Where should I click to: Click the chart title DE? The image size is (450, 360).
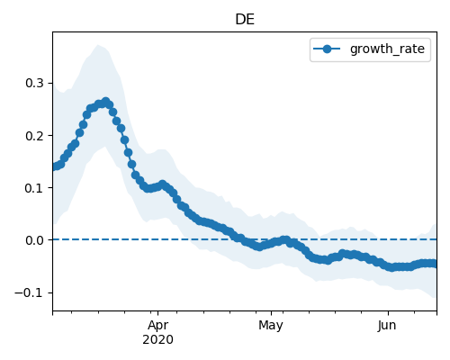tap(245, 20)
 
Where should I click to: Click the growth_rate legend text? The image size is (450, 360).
tap(387, 49)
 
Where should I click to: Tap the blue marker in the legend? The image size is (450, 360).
tap(327, 49)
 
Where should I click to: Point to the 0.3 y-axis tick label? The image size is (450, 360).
tap(34, 83)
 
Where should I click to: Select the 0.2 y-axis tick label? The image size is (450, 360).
tap(34, 136)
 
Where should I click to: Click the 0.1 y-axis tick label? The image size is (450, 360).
tap(34, 188)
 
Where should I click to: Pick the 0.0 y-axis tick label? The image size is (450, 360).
tap(34, 240)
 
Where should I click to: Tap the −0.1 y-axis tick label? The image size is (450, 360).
tap(30, 292)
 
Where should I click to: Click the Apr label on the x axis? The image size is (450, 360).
tap(158, 325)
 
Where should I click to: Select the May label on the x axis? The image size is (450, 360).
tap(271, 325)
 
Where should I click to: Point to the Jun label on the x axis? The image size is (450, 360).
tap(387, 325)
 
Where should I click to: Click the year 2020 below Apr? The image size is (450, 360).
tap(157, 339)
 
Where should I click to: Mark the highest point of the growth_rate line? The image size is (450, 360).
tap(105, 102)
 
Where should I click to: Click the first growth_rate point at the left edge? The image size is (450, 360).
tap(54, 167)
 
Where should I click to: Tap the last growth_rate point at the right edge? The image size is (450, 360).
tap(434, 264)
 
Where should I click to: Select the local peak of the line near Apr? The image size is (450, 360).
tap(162, 184)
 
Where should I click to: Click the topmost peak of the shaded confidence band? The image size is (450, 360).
tap(98, 45)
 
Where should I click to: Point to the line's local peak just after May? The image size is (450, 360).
tap(286, 239)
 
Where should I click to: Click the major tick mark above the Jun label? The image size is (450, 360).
tap(388, 313)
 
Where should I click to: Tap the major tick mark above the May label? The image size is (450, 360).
tap(271, 313)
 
